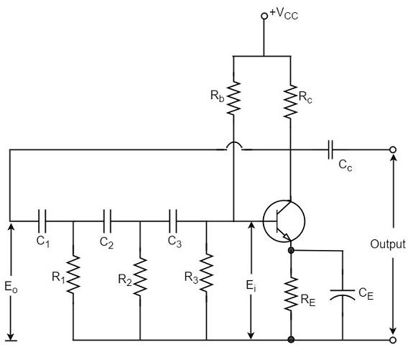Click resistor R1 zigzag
tap(73, 272)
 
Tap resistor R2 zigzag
tap(140, 272)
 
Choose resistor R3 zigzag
tap(206, 272)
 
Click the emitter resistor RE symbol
tap(290, 293)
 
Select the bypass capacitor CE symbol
tap(343, 293)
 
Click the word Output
tap(388, 244)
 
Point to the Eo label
tap(11, 287)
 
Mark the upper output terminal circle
tap(393, 150)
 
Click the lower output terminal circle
tap(393, 339)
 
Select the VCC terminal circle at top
tap(264, 15)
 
